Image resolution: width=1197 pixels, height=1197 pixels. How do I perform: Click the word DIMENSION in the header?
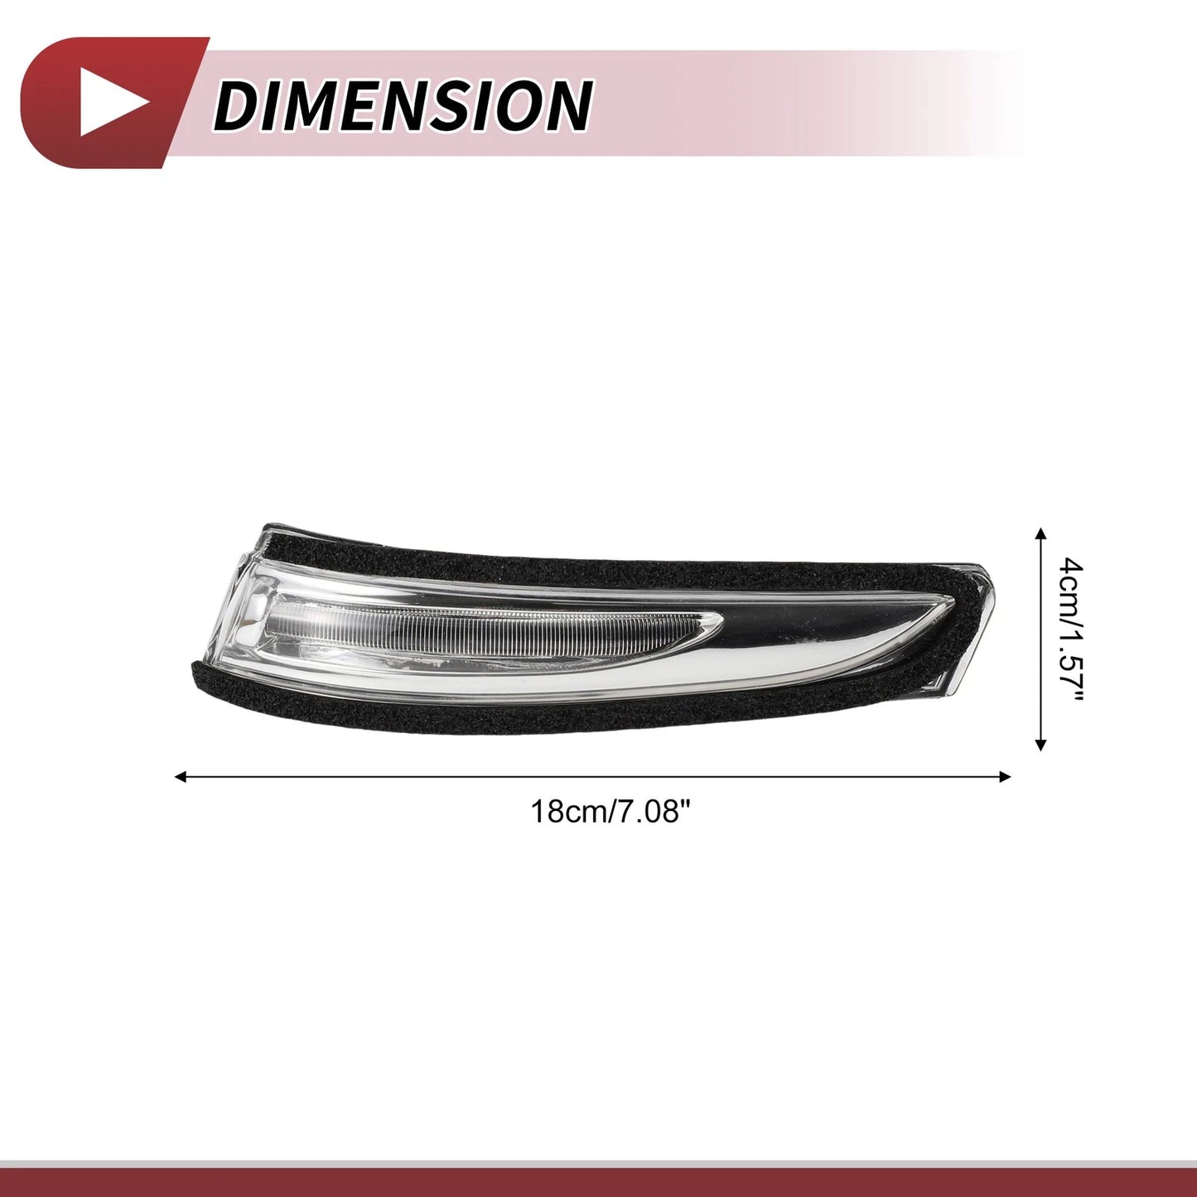click(x=403, y=105)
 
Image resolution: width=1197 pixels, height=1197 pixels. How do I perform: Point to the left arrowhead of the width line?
click(x=181, y=776)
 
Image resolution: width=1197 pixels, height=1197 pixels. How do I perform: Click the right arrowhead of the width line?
click(x=1005, y=776)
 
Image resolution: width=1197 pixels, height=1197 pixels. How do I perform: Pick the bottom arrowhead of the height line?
click(x=1042, y=744)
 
